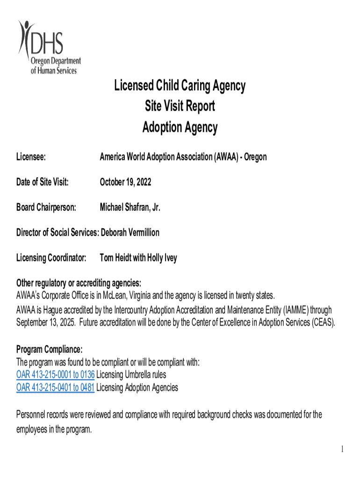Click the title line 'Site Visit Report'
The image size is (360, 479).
pyautogui.click(x=180, y=107)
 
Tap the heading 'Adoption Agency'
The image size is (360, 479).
pyautogui.click(x=180, y=128)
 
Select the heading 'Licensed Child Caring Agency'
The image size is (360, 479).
pyautogui.click(x=180, y=86)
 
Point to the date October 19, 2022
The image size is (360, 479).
pyautogui.click(x=125, y=182)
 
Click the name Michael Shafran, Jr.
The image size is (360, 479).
pyautogui.click(x=130, y=207)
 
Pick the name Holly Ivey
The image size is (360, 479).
pyautogui.click(x=162, y=258)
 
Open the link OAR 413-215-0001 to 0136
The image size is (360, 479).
pyautogui.click(x=55, y=375)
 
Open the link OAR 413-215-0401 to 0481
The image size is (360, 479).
pyautogui.click(x=55, y=387)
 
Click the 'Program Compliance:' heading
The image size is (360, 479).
pyautogui.click(x=50, y=349)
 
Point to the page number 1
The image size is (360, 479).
pyautogui.click(x=342, y=450)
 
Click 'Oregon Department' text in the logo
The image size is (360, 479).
pyautogui.click(x=56, y=62)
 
